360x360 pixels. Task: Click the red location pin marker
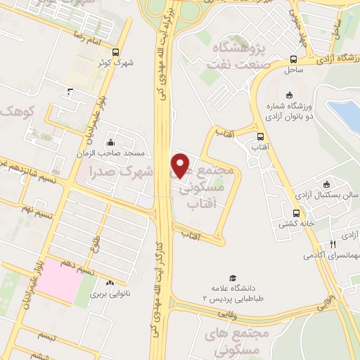coord(181,165)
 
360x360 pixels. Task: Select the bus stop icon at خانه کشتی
coord(295,213)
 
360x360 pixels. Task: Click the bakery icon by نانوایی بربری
coord(110,283)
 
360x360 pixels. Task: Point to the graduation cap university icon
coord(231,278)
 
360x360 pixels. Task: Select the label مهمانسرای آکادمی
coord(328,255)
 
